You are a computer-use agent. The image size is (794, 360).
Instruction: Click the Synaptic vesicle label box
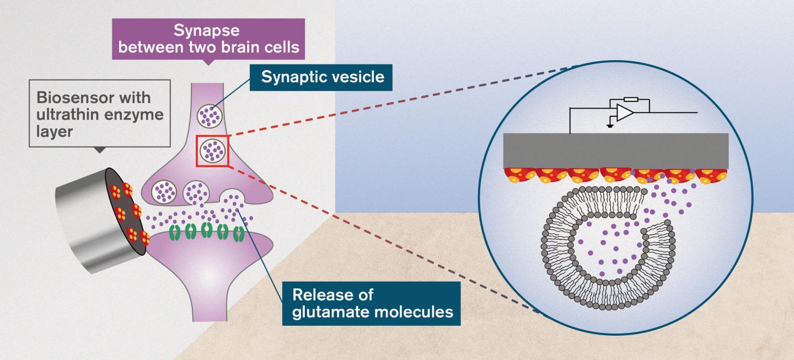(323, 77)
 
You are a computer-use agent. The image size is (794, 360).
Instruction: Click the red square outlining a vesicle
(213, 149)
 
